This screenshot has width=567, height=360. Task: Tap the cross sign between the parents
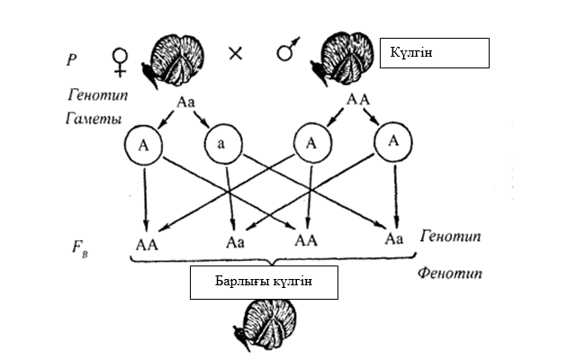237,53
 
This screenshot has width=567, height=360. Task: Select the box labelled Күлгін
435,53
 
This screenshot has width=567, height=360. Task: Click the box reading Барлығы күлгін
263,283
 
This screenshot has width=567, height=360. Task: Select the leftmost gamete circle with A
143,143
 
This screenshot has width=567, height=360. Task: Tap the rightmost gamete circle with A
392,143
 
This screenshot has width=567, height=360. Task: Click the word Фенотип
450,269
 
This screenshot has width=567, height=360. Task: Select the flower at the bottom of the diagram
264,326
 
